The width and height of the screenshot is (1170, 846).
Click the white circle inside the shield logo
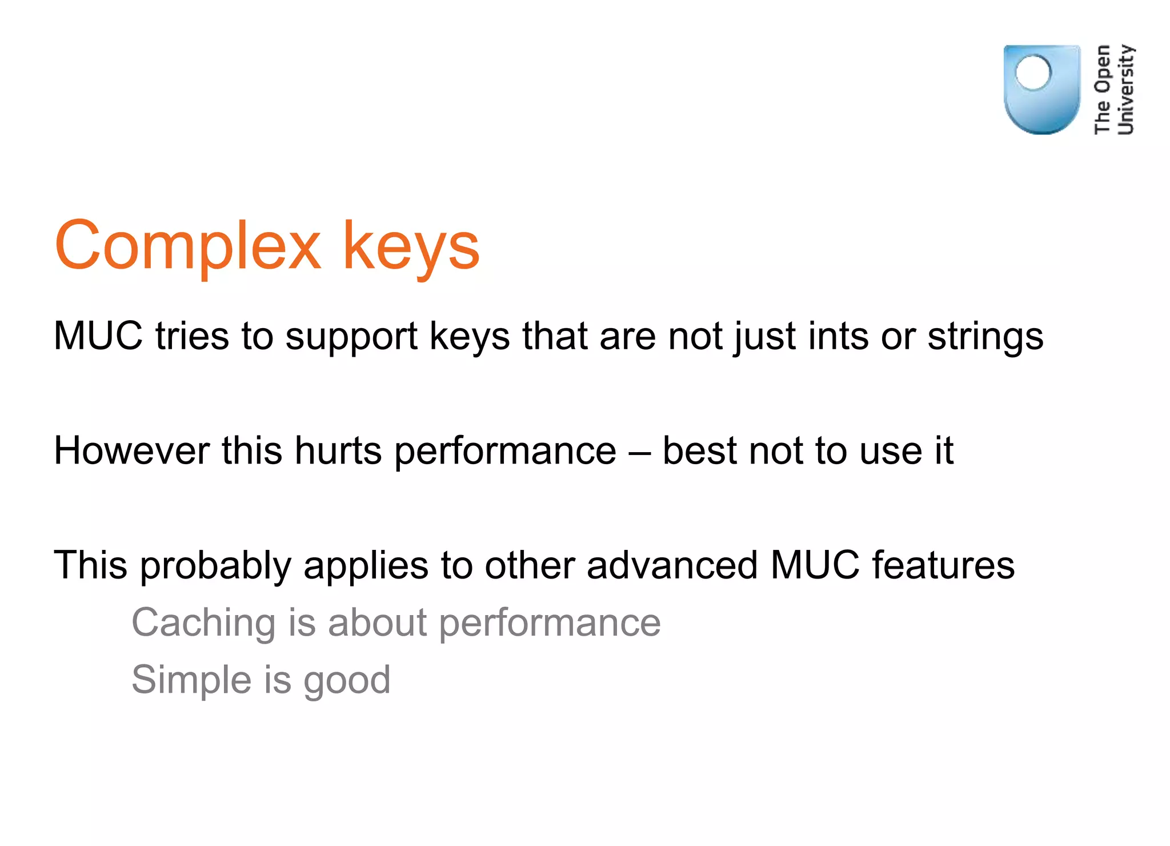[1033, 73]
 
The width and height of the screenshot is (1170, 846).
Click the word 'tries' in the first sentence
[191, 336]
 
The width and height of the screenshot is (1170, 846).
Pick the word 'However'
[131, 451]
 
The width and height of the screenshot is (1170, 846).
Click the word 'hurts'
[338, 451]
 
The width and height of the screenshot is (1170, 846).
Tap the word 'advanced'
[672, 565]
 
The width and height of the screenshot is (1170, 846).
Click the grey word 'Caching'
[203, 623]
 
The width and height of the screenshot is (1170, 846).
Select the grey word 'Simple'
[191, 681]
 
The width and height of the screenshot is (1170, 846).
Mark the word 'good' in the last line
[347, 681]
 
